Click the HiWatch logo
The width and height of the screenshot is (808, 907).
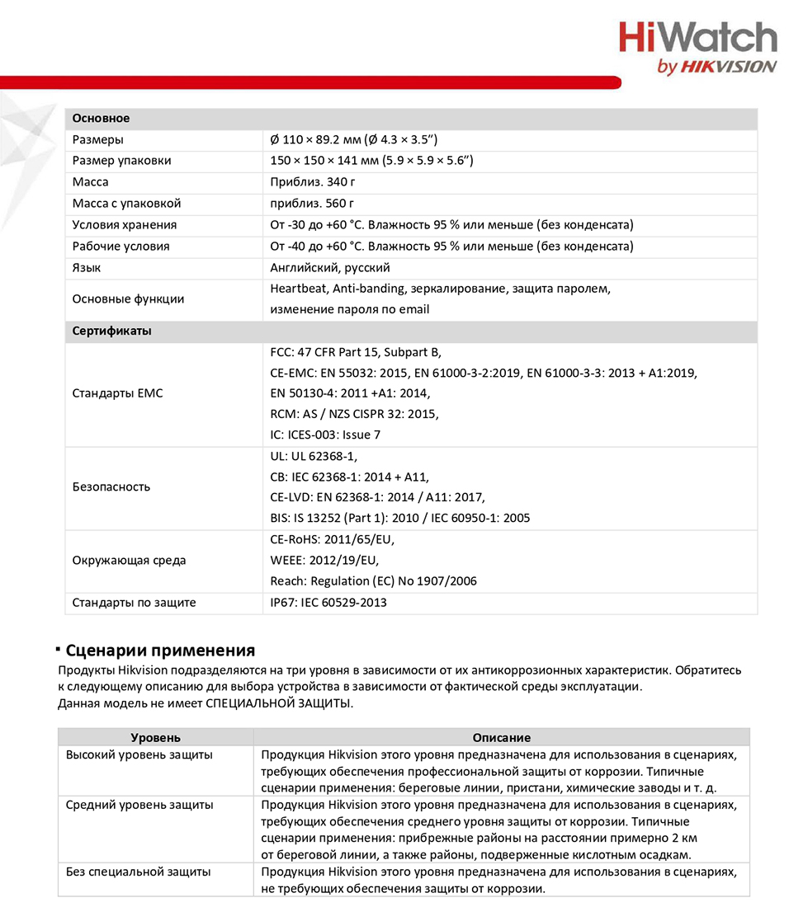697,39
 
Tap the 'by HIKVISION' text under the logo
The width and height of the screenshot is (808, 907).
716,68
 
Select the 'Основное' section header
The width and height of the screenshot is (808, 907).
102,119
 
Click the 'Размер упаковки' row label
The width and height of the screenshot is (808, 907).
122,161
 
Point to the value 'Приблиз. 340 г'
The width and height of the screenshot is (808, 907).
314,182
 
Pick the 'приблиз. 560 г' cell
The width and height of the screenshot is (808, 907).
312,204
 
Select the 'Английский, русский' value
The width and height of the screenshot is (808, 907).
330,268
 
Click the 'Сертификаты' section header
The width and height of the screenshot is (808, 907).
112,331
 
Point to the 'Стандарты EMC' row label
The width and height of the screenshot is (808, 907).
118,393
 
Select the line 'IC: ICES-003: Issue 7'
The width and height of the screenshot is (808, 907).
325,435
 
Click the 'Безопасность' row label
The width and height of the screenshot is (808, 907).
111,486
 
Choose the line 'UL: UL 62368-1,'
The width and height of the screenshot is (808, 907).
314,456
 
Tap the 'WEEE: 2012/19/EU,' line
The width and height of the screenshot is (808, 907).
324,561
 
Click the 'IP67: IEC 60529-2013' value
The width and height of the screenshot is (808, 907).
328,603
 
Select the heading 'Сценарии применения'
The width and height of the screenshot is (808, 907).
160,651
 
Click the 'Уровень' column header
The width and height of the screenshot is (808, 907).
156,738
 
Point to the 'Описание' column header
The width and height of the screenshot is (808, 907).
501,738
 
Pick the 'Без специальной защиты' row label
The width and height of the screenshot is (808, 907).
138,872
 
